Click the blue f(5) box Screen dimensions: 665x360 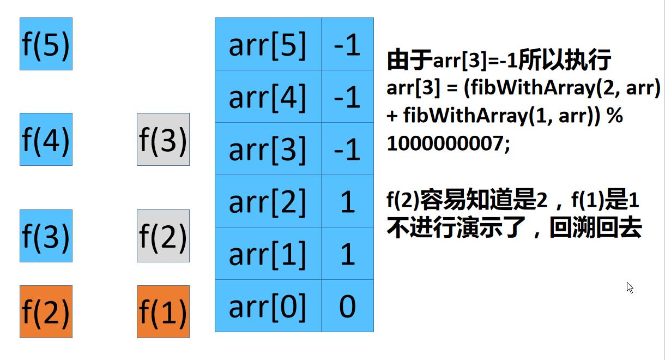46,44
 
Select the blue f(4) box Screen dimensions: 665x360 46,139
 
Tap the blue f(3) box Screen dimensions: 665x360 46,236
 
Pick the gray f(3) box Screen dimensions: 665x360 163,139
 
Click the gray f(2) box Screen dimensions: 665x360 163,236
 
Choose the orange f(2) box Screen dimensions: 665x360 46,311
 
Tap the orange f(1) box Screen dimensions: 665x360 163,311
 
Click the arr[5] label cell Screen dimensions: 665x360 268,44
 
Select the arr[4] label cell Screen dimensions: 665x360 268,97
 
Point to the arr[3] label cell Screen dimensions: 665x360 268,149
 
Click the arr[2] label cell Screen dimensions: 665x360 268,201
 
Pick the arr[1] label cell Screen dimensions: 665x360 268,254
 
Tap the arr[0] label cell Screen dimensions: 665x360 268,306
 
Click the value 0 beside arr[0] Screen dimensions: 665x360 347,306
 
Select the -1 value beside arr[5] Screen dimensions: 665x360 347,44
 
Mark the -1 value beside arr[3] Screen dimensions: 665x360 347,149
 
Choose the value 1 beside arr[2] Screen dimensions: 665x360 347,201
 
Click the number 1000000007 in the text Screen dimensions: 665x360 444,144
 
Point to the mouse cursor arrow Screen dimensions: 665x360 630,287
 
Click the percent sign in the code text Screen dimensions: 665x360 614,116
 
